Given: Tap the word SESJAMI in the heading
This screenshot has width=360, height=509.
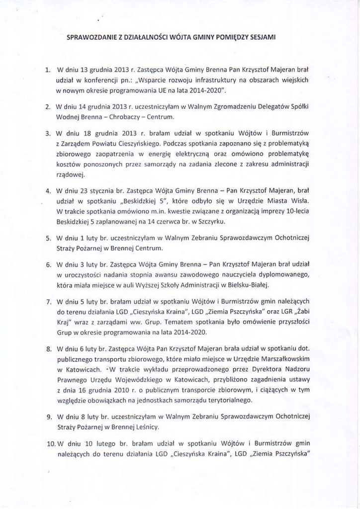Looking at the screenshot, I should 263,37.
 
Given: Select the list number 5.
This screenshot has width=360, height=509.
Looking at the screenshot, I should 48,238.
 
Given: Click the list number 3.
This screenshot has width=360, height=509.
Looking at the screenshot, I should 48,134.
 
